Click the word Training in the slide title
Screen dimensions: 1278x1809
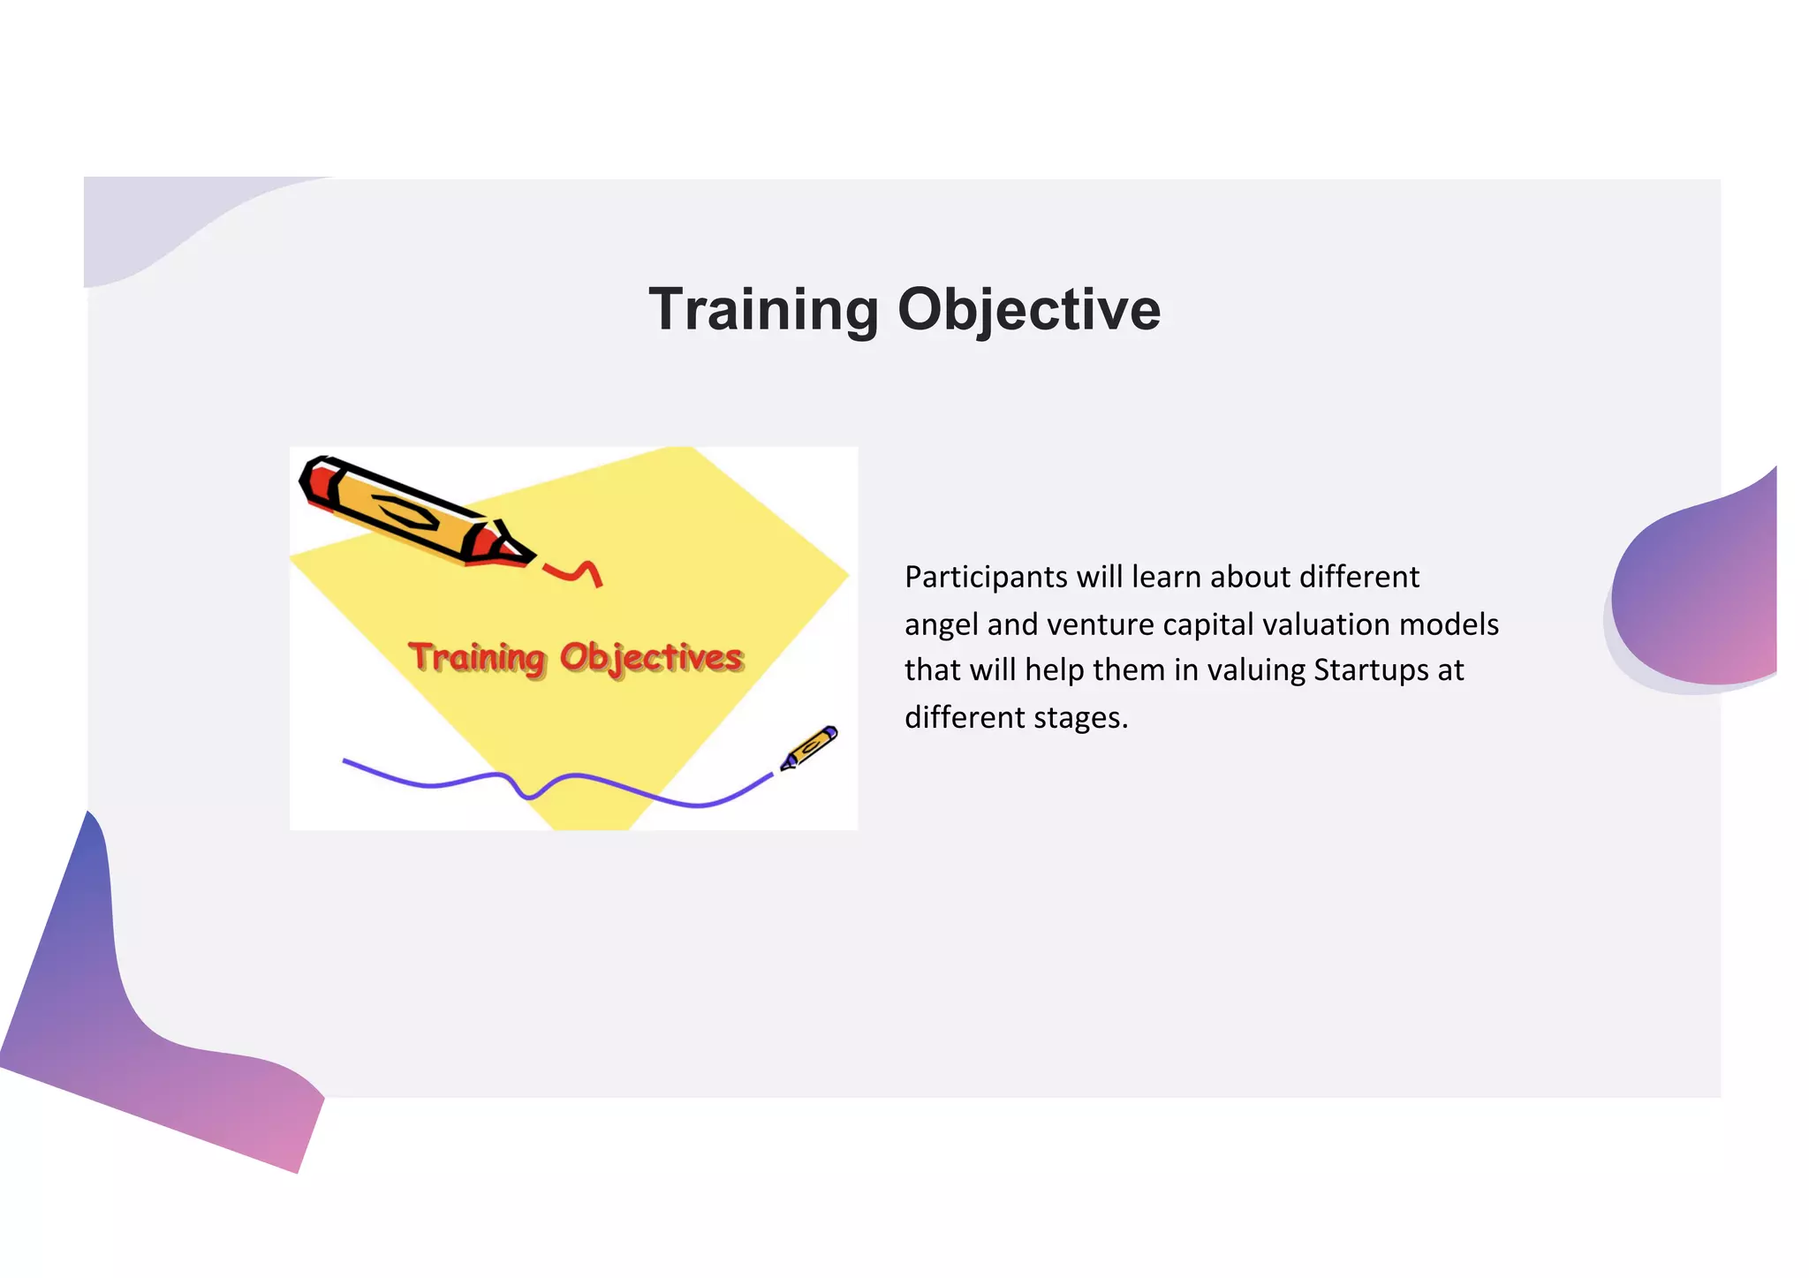764,310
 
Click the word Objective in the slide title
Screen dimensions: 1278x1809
1028,310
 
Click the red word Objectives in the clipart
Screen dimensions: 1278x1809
651,658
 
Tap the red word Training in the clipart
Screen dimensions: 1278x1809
477,658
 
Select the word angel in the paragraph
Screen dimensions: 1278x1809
942,625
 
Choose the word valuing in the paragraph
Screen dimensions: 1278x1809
1255,670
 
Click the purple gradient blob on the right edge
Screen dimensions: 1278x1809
1700,592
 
